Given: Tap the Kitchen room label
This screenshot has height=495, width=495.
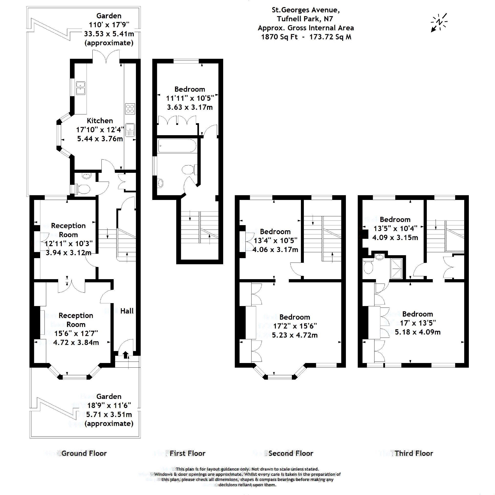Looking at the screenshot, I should click(x=100, y=121).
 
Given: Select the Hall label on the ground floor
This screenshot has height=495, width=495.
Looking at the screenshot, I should click(x=127, y=311).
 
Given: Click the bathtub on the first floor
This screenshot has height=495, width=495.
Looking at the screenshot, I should click(x=177, y=146).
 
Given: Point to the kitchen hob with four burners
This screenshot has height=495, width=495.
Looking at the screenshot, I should click(x=130, y=109).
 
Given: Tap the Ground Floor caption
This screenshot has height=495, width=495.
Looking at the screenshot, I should click(x=84, y=453).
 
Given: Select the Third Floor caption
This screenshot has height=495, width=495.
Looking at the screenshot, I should click(x=414, y=453).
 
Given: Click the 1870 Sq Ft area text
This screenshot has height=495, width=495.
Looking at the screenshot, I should click(x=279, y=37).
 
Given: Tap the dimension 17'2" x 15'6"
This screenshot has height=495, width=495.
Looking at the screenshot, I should click(x=295, y=326).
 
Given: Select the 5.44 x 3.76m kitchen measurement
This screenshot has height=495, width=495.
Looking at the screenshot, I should click(x=100, y=139).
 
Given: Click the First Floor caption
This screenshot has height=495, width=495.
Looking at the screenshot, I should click(x=187, y=453).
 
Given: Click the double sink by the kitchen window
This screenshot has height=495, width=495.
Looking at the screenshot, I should click(x=81, y=88).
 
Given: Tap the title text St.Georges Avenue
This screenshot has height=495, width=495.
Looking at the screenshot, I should click(x=306, y=10).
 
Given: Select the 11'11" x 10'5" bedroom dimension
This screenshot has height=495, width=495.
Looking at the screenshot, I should click(x=190, y=98).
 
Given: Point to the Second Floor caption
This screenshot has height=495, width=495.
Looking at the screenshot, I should click(x=291, y=453).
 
